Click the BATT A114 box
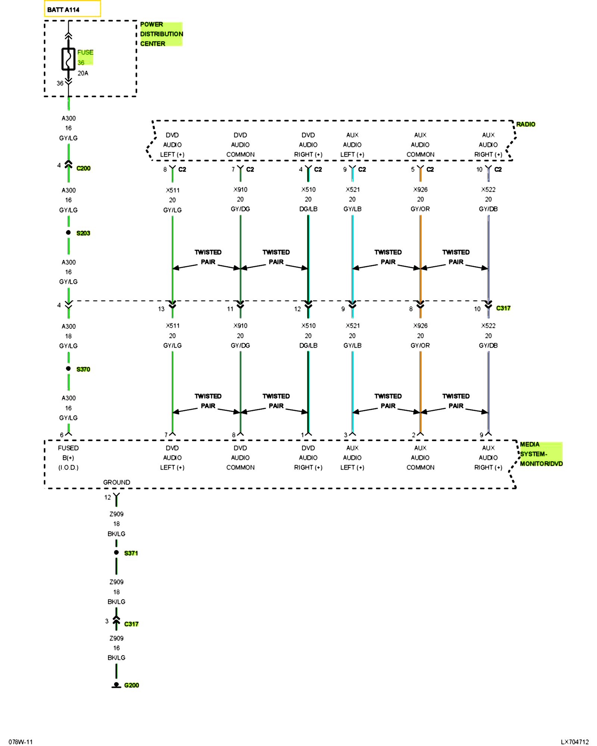point(72,9)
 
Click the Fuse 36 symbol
point(68,59)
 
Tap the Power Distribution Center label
point(161,34)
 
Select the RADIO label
point(525,124)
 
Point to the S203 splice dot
point(68,232)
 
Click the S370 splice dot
point(68,369)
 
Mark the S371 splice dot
point(116,552)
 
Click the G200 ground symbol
point(116,685)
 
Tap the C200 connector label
point(83,168)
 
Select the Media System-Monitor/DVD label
point(541,454)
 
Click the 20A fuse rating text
point(83,73)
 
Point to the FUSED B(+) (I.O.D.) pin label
point(68,458)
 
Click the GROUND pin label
point(116,482)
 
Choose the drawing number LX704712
point(575,742)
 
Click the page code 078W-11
point(21,742)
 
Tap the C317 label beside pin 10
point(503,308)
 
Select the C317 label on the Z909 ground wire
point(131,624)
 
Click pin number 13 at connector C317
point(161,309)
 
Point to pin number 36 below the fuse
point(60,83)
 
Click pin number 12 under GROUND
point(107,497)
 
